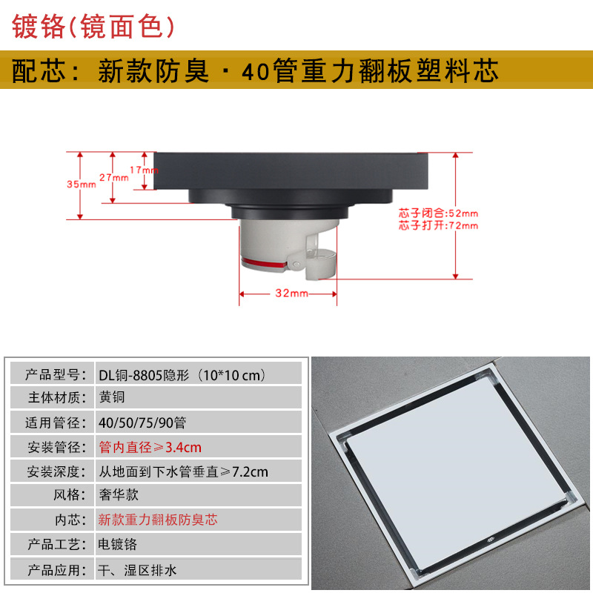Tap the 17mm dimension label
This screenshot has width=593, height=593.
click(x=145, y=170)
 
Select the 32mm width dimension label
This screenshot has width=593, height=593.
click(x=291, y=294)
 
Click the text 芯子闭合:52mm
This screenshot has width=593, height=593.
click(x=438, y=213)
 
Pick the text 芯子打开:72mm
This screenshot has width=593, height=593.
click(x=438, y=225)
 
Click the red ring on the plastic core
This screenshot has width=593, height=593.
click(x=264, y=260)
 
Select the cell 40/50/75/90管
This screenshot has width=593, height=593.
click(x=142, y=423)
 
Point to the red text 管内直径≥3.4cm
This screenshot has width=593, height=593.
click(x=150, y=447)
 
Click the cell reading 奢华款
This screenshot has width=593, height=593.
click(x=119, y=494)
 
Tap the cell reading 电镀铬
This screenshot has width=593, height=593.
click(x=118, y=543)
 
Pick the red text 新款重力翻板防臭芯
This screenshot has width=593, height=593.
click(x=158, y=519)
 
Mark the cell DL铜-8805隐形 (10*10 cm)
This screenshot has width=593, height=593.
click(x=182, y=374)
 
